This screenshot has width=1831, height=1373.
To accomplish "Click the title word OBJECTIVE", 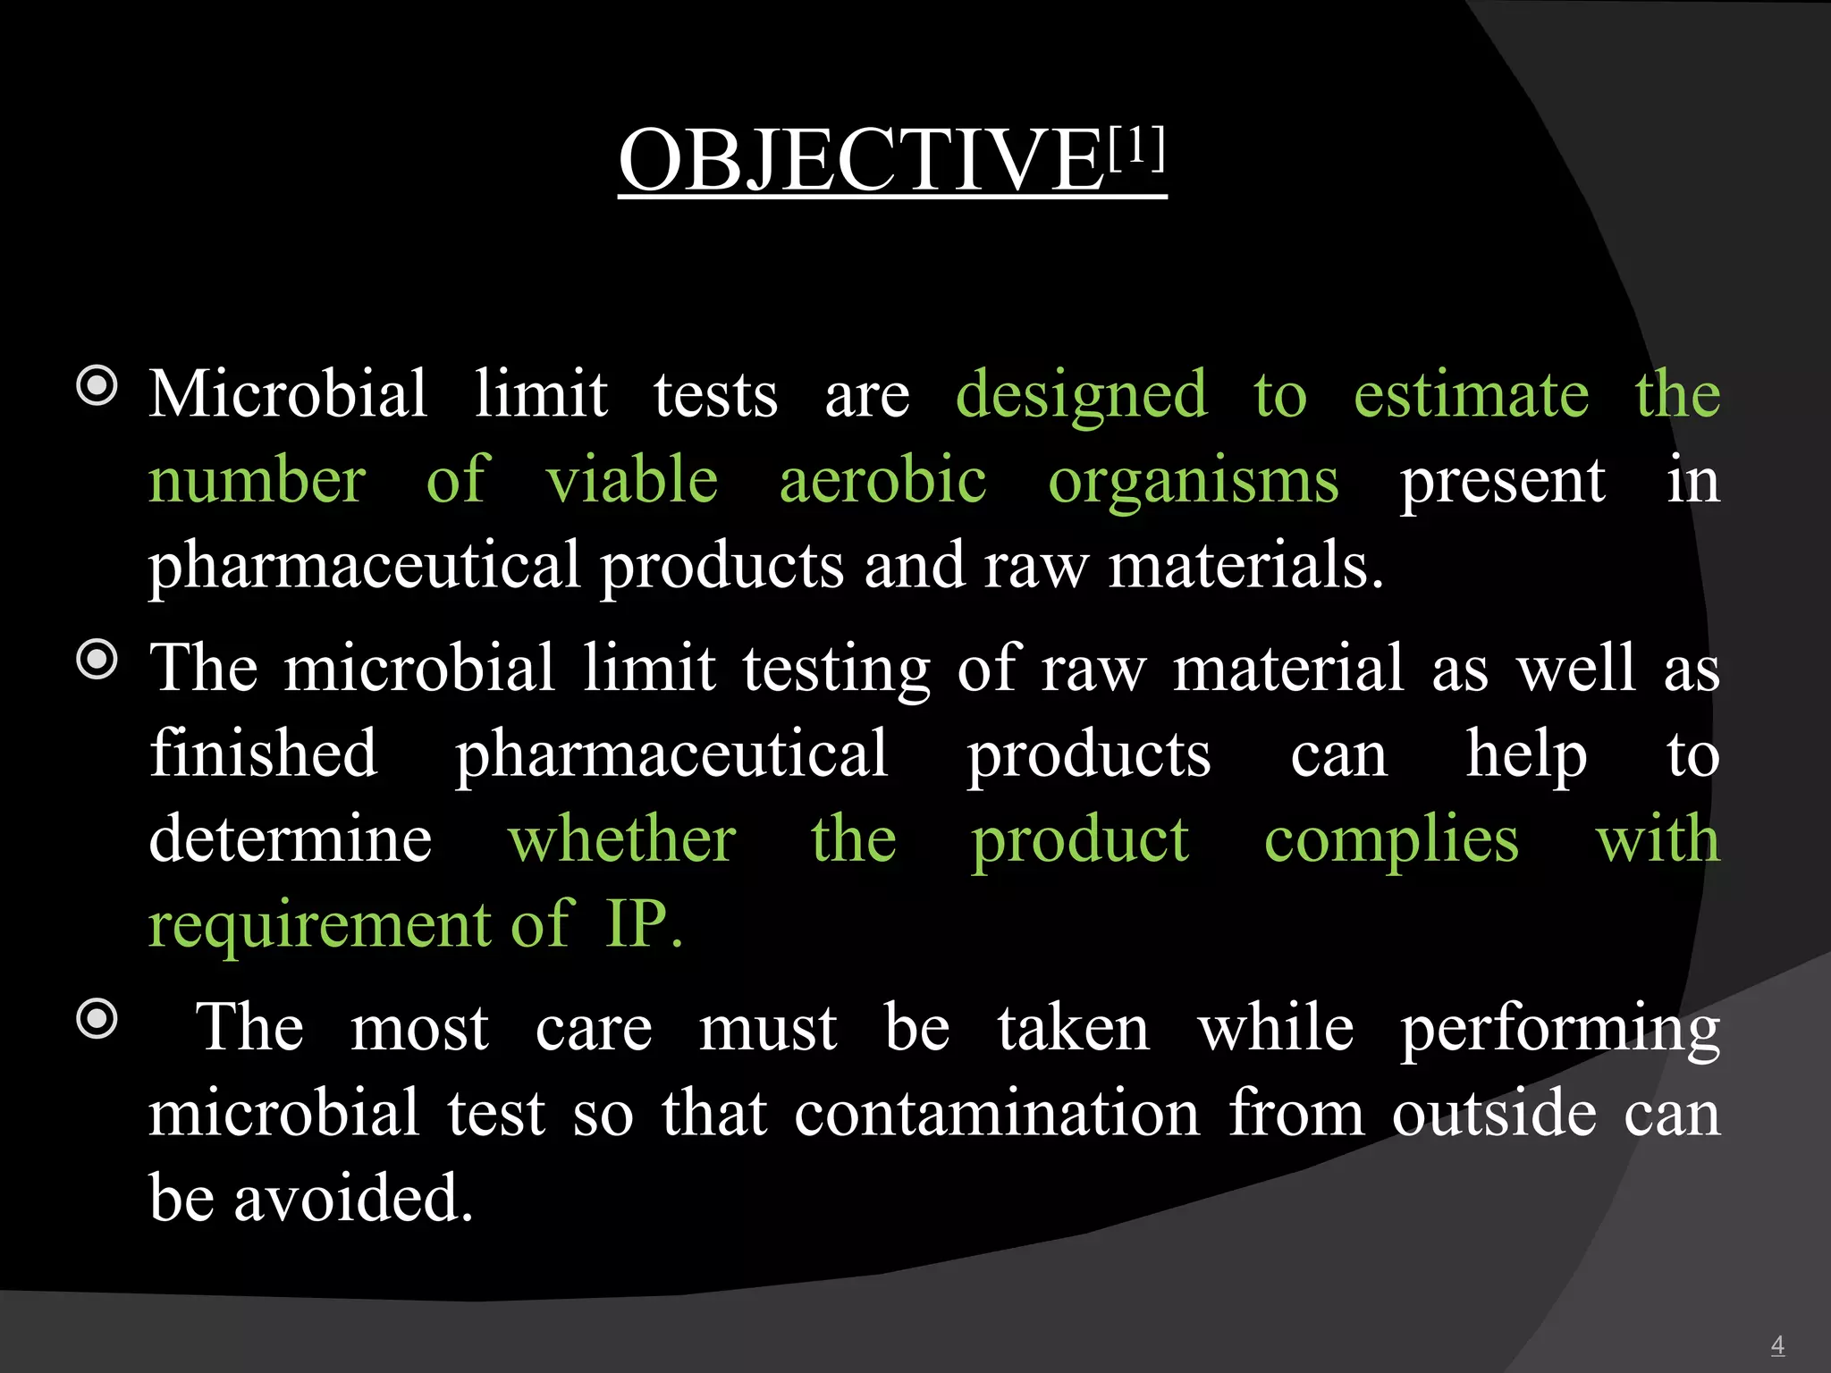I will pyautogui.click(x=862, y=161).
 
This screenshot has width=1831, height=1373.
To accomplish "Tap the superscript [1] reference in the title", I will pyautogui.click(x=1136, y=147).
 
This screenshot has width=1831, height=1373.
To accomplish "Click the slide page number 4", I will pyautogui.click(x=1777, y=1344).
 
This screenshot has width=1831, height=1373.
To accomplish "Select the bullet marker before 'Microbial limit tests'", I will pyautogui.click(x=97, y=387).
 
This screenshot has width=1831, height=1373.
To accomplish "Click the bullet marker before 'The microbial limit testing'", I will pyautogui.click(x=97, y=661).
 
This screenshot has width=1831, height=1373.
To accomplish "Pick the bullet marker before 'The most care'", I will pyautogui.click(x=97, y=1019).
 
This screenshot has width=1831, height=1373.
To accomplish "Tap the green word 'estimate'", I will pyautogui.click(x=1472, y=395).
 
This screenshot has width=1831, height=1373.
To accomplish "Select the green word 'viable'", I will pyautogui.click(x=632, y=481).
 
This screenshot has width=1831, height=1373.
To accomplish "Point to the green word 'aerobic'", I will pyautogui.click(x=882, y=481).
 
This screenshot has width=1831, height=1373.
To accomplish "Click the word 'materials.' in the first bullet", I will pyautogui.click(x=1246, y=566).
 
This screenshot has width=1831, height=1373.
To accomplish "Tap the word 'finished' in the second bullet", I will pyautogui.click(x=264, y=754).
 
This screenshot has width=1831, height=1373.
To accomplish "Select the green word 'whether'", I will pyautogui.click(x=622, y=840).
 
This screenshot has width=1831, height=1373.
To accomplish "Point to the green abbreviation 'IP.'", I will pyautogui.click(x=644, y=924).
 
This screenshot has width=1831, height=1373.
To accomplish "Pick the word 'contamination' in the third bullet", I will pyautogui.click(x=997, y=1114).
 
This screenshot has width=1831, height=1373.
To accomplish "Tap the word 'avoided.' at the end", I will pyautogui.click(x=353, y=1198).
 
